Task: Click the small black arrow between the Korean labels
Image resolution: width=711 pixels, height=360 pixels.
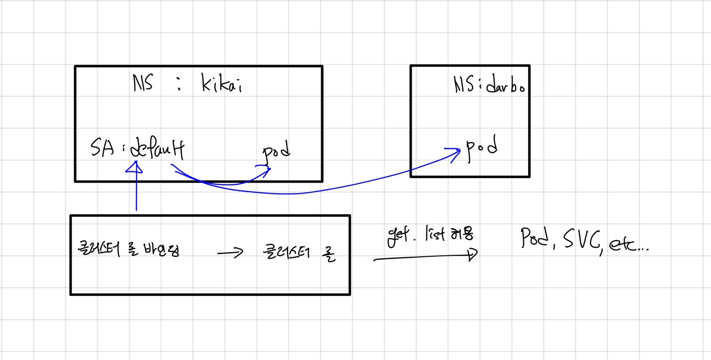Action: [230, 253]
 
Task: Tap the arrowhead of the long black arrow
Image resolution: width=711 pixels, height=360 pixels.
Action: [473, 254]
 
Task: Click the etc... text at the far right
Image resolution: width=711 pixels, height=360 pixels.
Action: [630, 244]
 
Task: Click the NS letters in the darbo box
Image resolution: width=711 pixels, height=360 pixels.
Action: [462, 86]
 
